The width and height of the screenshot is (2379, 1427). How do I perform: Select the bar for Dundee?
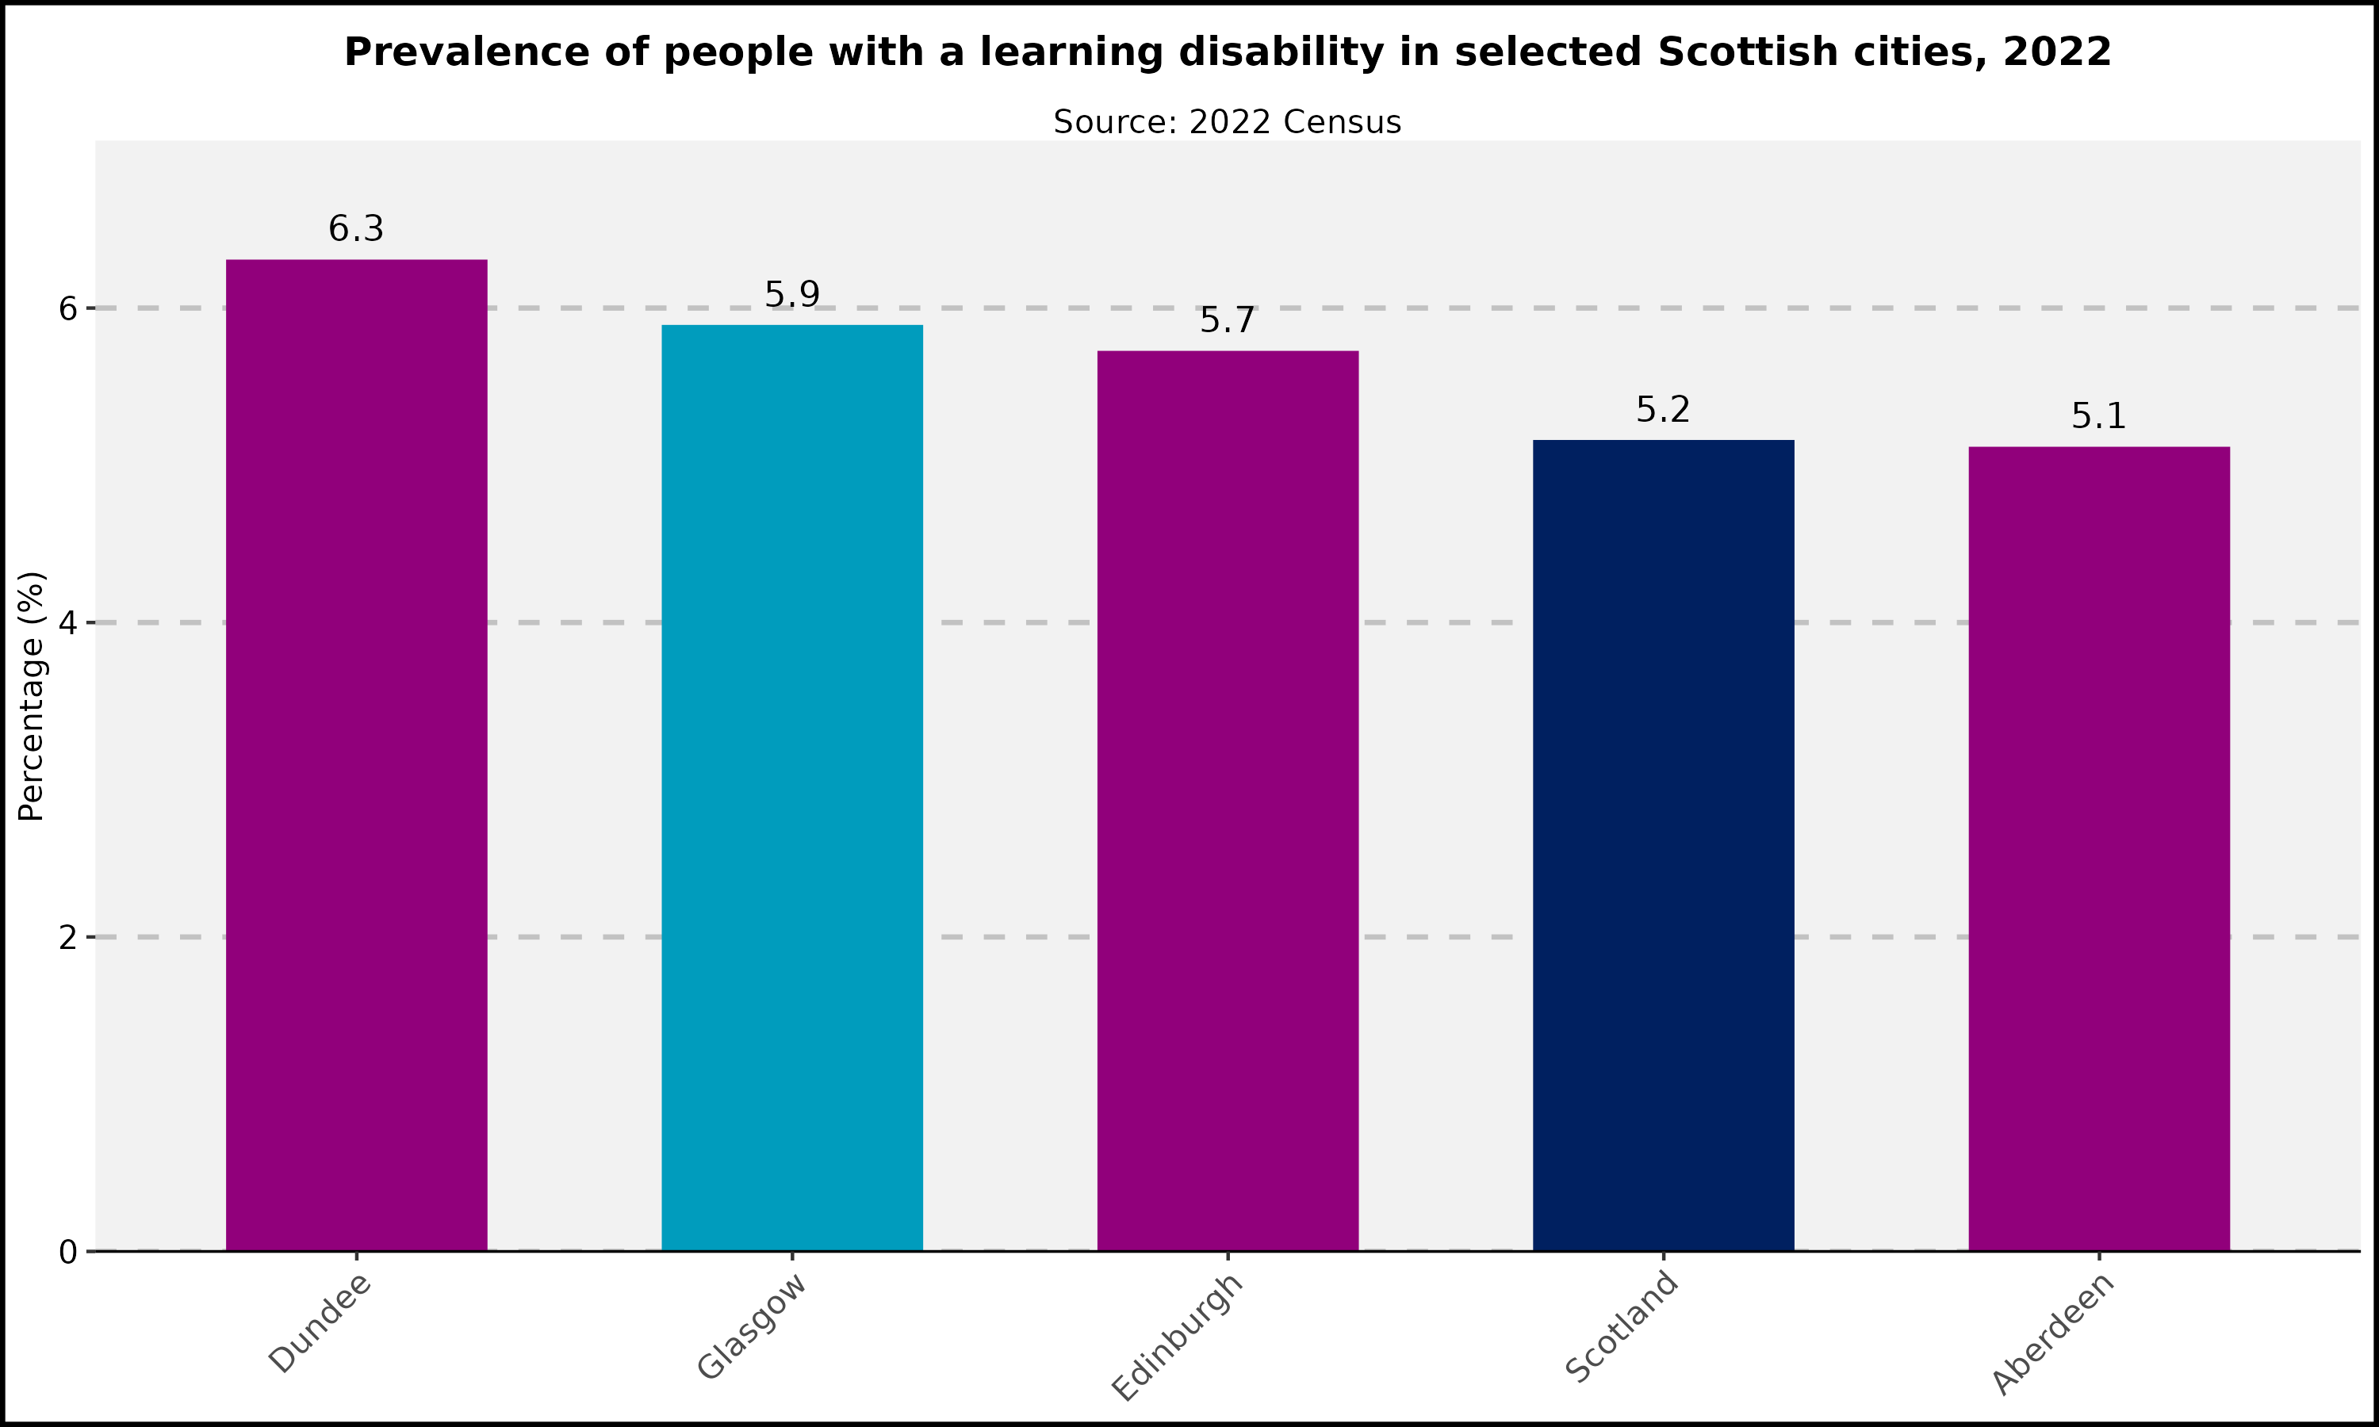coord(356,755)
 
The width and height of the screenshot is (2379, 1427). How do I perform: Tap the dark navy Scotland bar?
coord(1663,845)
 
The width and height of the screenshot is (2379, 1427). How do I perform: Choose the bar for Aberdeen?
coord(2098,848)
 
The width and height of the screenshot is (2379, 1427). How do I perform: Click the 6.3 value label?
coord(356,230)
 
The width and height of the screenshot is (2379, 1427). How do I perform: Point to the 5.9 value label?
coord(791,295)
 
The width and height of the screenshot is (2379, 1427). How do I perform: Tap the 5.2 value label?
coord(1663,411)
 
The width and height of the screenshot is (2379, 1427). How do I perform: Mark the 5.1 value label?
coord(2098,417)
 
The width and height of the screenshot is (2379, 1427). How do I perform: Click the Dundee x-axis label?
coord(320,1323)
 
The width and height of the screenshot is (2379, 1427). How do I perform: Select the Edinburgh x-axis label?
coord(1177,1337)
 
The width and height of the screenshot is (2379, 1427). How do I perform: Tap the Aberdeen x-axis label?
coord(2052,1335)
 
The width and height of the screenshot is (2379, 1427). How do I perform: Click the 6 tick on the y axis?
coord(67,308)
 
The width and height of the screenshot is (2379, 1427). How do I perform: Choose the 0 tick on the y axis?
coord(67,1252)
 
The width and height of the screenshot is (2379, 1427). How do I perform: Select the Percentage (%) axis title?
coord(32,696)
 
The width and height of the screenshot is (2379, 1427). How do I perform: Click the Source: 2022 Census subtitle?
coord(1227,122)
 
